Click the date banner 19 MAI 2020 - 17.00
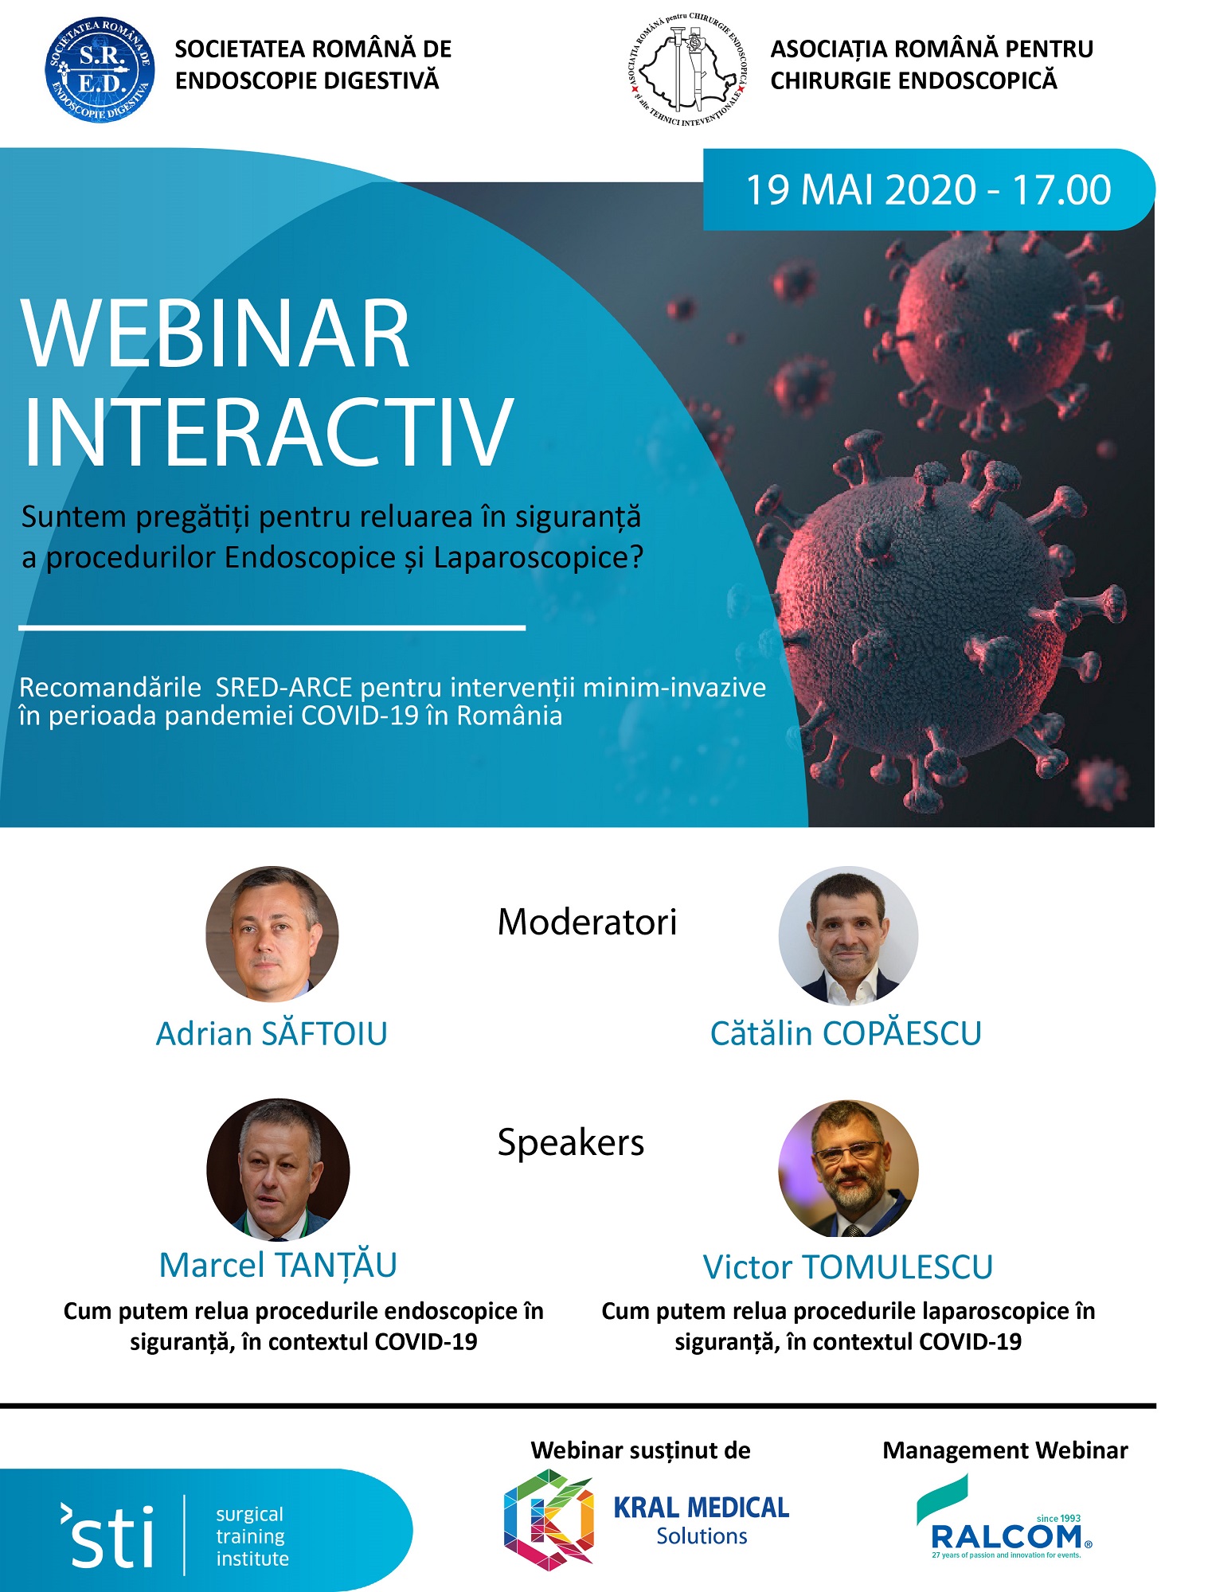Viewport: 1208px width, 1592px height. click(x=928, y=189)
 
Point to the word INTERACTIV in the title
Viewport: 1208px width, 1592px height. click(x=268, y=431)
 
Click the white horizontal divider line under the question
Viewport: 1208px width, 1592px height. click(x=272, y=628)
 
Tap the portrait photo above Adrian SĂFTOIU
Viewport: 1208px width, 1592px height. click(x=272, y=934)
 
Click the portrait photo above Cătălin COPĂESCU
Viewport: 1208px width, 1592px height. click(x=848, y=936)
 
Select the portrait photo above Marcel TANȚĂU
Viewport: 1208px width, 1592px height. click(x=278, y=1170)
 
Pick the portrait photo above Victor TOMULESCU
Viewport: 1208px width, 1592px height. click(x=848, y=1169)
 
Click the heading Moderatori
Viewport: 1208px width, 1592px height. click(x=587, y=922)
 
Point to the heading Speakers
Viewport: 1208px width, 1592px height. click(x=571, y=1143)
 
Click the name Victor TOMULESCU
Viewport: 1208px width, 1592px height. click(x=848, y=1267)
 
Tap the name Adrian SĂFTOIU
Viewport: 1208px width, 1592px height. click(x=272, y=1032)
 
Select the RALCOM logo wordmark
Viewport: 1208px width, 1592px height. click(x=1005, y=1536)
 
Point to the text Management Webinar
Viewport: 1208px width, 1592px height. click(x=1005, y=1450)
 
